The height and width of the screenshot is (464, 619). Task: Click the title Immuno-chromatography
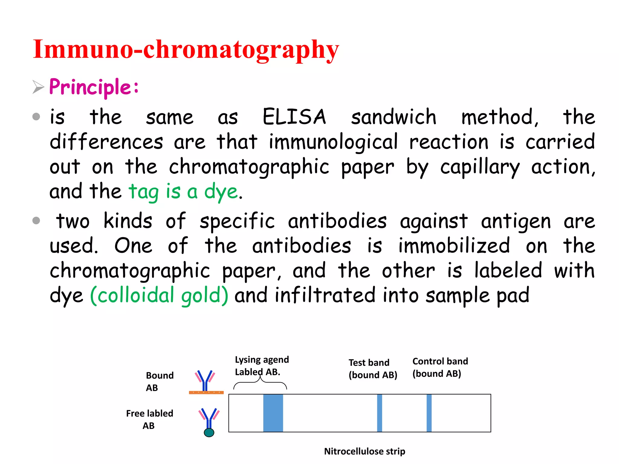[x=186, y=50]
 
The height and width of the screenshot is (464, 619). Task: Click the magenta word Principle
[x=90, y=87]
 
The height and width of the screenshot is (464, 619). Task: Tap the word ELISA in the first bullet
[x=294, y=117]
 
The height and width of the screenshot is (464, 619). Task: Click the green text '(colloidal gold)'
[x=159, y=295]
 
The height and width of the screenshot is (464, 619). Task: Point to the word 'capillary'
[x=480, y=167]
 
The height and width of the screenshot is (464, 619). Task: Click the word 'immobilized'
[x=454, y=246]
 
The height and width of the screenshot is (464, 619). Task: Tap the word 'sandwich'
[x=393, y=117]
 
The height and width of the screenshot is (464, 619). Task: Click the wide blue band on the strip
[x=273, y=413]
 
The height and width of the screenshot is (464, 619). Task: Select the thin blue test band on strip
[x=380, y=413]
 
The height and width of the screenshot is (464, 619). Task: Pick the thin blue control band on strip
[x=429, y=413]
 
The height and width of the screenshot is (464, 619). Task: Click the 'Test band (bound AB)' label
[x=372, y=369]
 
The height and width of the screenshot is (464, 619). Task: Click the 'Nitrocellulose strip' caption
[x=365, y=451]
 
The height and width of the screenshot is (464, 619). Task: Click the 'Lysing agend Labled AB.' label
[x=261, y=366]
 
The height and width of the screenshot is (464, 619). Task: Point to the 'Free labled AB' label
[x=149, y=419]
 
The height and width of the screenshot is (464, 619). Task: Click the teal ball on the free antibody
[x=209, y=433]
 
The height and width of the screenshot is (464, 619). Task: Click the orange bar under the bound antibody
[x=206, y=392]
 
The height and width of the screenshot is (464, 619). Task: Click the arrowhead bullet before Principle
[x=38, y=87]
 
